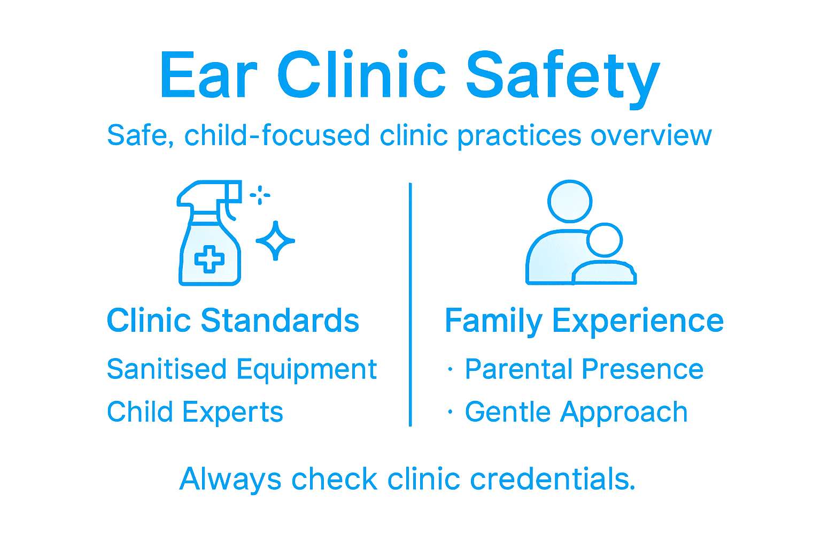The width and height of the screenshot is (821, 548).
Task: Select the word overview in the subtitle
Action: point(651,135)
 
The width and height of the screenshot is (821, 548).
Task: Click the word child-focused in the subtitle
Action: point(277,135)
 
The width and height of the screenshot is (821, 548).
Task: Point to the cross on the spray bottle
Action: point(209,260)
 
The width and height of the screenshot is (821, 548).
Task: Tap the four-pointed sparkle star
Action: point(275,241)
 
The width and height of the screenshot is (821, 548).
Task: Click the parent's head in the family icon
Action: point(570,201)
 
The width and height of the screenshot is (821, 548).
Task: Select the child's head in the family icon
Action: point(605,240)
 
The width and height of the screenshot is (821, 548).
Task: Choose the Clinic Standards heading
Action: point(233,321)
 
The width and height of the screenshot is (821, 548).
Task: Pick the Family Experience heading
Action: point(584,321)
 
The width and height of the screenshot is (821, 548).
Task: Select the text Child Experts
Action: point(195,412)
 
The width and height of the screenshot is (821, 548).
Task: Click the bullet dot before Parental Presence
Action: point(451,369)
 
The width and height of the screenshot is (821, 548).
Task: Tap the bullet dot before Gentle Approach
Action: point(451,412)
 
